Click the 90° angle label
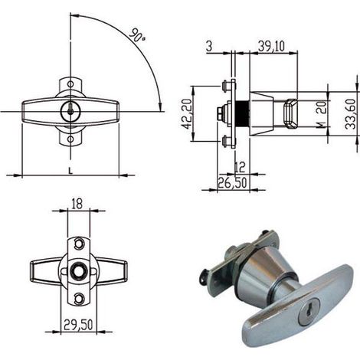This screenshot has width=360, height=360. tap(137, 35)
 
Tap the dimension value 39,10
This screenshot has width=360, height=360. tap(271, 46)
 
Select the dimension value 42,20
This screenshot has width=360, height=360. tap(186, 113)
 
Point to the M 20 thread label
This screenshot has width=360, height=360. tap(322, 114)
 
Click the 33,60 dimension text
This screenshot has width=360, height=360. tap(350, 114)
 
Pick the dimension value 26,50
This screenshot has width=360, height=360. tap(232, 183)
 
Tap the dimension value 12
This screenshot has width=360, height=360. tap(240, 167)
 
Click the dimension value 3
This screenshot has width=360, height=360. tap(209, 47)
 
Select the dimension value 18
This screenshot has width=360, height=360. tap(77, 204)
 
